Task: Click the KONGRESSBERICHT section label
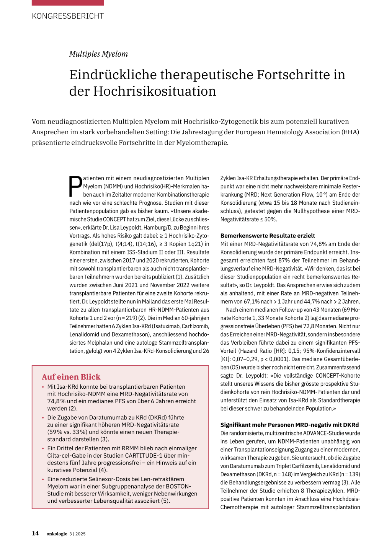coord(68,16)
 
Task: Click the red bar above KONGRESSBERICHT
coord(68,3)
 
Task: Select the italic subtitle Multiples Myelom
coord(98,54)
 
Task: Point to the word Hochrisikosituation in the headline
coord(155,91)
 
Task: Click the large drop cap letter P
coord(75,186)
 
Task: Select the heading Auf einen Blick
coord(71,377)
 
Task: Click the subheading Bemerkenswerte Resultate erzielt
coord(268,236)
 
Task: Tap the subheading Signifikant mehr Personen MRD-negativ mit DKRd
coord(289,425)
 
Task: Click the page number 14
coord(35,533)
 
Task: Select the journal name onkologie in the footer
coord(57,534)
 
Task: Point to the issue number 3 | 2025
coord(77,534)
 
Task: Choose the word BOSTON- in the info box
coord(178,486)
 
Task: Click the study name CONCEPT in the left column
coord(114,219)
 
